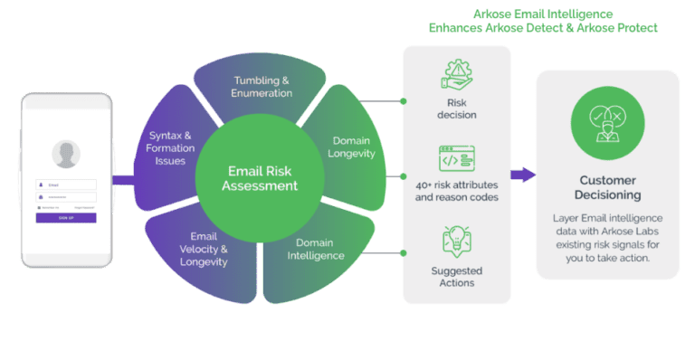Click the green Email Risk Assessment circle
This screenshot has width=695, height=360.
point(262,177)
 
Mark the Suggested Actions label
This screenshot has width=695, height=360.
point(457,277)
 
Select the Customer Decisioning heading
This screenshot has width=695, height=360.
point(608,187)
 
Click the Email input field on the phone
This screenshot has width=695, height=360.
point(66,185)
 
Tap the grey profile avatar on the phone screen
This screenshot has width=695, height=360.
point(65,154)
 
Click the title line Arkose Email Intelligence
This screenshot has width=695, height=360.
point(542,14)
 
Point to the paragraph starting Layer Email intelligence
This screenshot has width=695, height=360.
point(608,238)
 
